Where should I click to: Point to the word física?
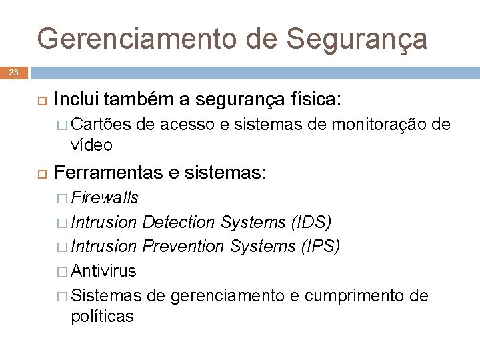coord(313,100)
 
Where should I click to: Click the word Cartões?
coord(103,124)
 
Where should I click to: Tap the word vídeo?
coord(91,145)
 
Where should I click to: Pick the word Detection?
coord(178,221)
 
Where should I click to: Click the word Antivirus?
coord(103,271)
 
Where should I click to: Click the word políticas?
coord(102,316)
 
